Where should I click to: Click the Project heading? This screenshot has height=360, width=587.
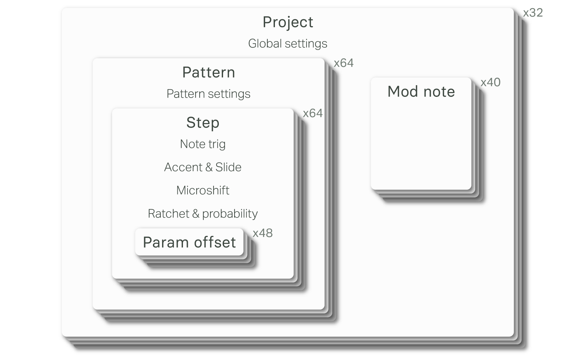click(x=288, y=22)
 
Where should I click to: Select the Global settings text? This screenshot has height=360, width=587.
click(x=288, y=43)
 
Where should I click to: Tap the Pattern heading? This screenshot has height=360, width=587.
click(x=209, y=72)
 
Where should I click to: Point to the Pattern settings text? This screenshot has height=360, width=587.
click(x=208, y=94)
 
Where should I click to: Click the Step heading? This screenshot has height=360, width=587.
click(x=203, y=123)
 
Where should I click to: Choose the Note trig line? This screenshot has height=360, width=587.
click(x=203, y=144)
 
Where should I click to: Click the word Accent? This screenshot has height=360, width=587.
click(x=183, y=167)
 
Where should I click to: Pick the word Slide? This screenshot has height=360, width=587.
click(x=228, y=167)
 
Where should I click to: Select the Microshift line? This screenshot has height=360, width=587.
click(x=203, y=190)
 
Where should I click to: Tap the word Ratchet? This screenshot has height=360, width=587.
click(x=168, y=213)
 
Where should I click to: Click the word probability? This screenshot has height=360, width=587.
click(x=230, y=214)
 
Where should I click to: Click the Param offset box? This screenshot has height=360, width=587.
click(x=189, y=242)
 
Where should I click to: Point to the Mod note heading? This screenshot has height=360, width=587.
click(x=421, y=92)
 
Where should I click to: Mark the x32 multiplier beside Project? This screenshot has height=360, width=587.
click(x=533, y=13)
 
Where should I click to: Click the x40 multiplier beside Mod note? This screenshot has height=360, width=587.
click(x=490, y=82)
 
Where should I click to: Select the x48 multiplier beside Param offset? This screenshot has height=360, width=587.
click(x=263, y=233)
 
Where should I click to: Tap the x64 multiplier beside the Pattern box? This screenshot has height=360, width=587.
click(x=344, y=63)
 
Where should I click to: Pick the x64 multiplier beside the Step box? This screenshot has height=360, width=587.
click(x=313, y=113)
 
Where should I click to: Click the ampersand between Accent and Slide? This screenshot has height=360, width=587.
click(x=209, y=167)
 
